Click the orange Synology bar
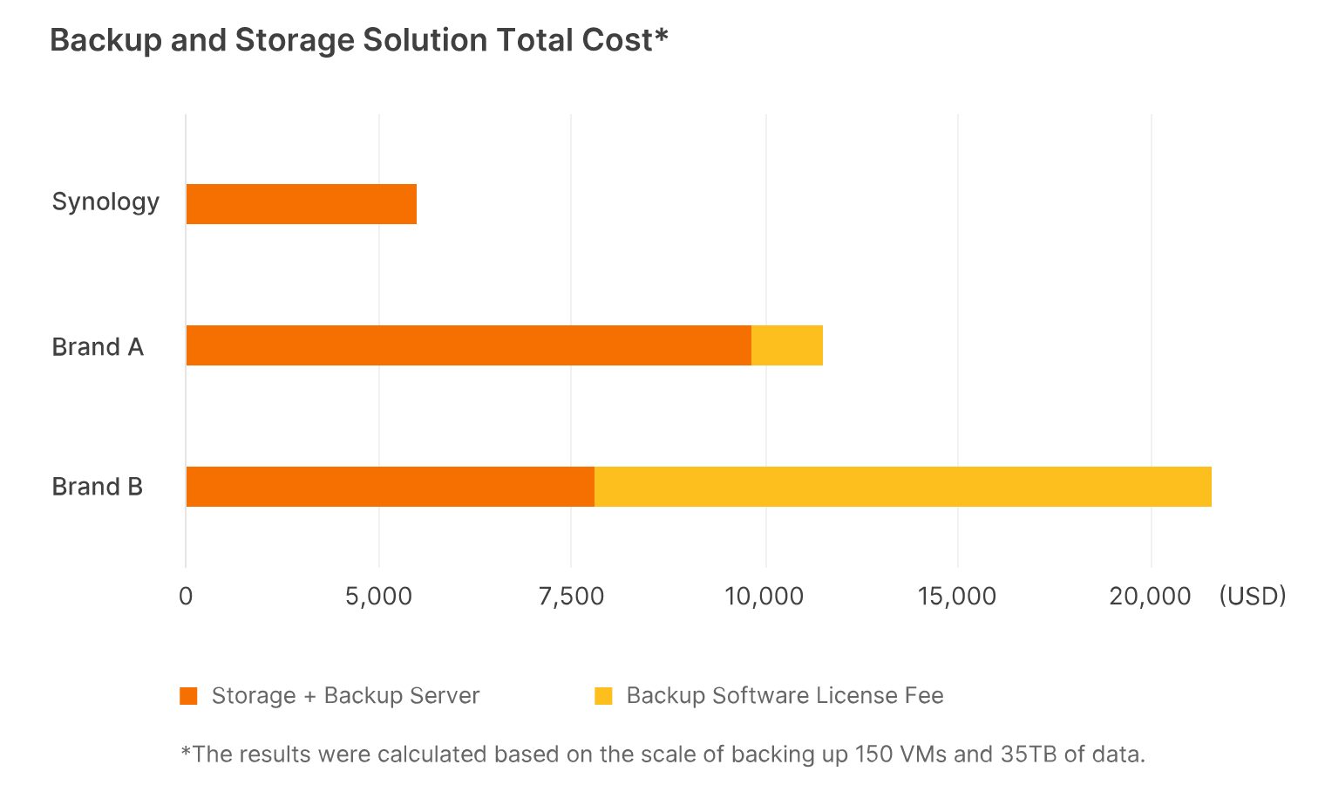click(x=301, y=204)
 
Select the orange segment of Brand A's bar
click(x=468, y=345)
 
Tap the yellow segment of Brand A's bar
click(x=787, y=345)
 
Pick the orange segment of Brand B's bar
click(x=390, y=487)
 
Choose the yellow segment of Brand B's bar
click(x=902, y=487)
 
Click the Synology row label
click(x=105, y=202)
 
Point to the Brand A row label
click(x=98, y=347)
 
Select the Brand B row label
click(x=98, y=487)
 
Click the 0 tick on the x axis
click(x=186, y=597)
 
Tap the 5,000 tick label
click(x=378, y=597)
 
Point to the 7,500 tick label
click(x=571, y=597)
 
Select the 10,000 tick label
click(x=764, y=597)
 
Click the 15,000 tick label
click(x=957, y=597)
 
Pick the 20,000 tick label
click(x=1150, y=597)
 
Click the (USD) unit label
click(x=1253, y=597)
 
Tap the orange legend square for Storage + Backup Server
click(x=188, y=696)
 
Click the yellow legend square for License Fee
click(x=603, y=696)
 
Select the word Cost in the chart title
click(x=621, y=41)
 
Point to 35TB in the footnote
click(x=1029, y=754)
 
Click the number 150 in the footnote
click(x=873, y=754)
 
